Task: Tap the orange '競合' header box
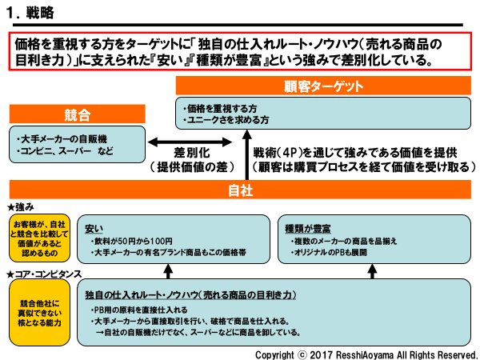point(77,113)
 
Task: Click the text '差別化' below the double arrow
point(193,153)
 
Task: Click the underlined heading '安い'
point(95,227)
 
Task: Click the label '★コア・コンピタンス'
point(44,274)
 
